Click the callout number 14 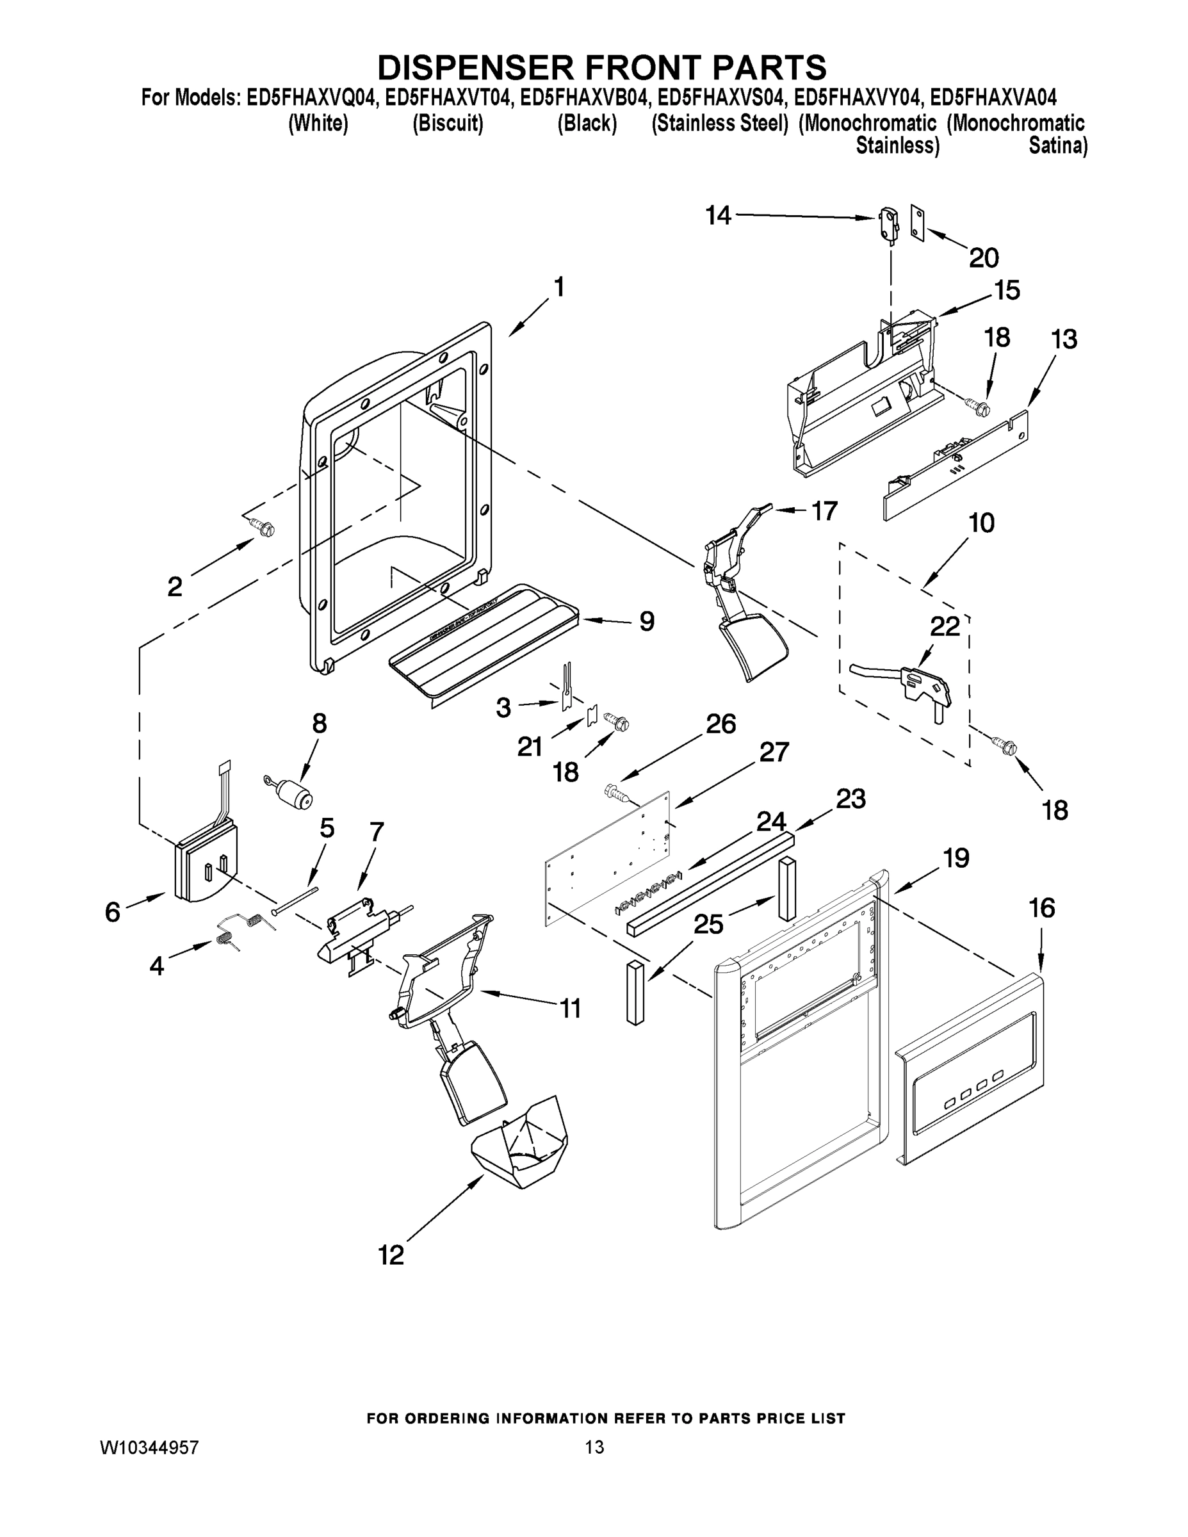719,216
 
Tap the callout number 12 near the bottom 391,1255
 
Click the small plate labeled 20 916,223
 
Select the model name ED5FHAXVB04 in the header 582,97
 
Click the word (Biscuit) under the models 448,123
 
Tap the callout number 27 774,753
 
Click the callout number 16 1041,909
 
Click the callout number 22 945,626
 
